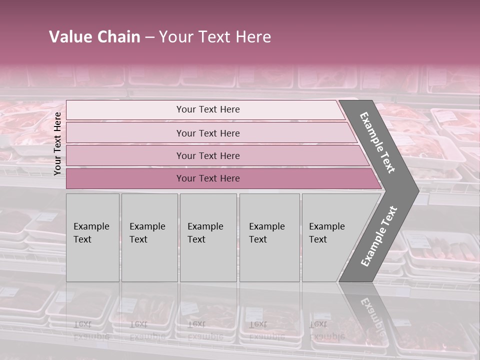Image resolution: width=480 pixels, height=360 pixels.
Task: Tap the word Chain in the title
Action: [118, 37]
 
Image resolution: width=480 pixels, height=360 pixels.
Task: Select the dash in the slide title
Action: [149, 37]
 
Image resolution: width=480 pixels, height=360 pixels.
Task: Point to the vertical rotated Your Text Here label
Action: [57, 143]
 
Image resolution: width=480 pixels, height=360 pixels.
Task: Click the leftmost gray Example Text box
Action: [92, 237]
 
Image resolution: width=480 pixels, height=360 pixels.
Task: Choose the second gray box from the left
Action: [149, 237]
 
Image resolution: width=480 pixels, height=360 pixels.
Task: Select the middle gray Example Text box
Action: [208, 237]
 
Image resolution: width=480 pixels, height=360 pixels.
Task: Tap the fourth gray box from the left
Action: [269, 237]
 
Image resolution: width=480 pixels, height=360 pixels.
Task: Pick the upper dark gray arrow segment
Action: [378, 142]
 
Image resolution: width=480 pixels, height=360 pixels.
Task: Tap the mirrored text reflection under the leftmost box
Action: [91, 330]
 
